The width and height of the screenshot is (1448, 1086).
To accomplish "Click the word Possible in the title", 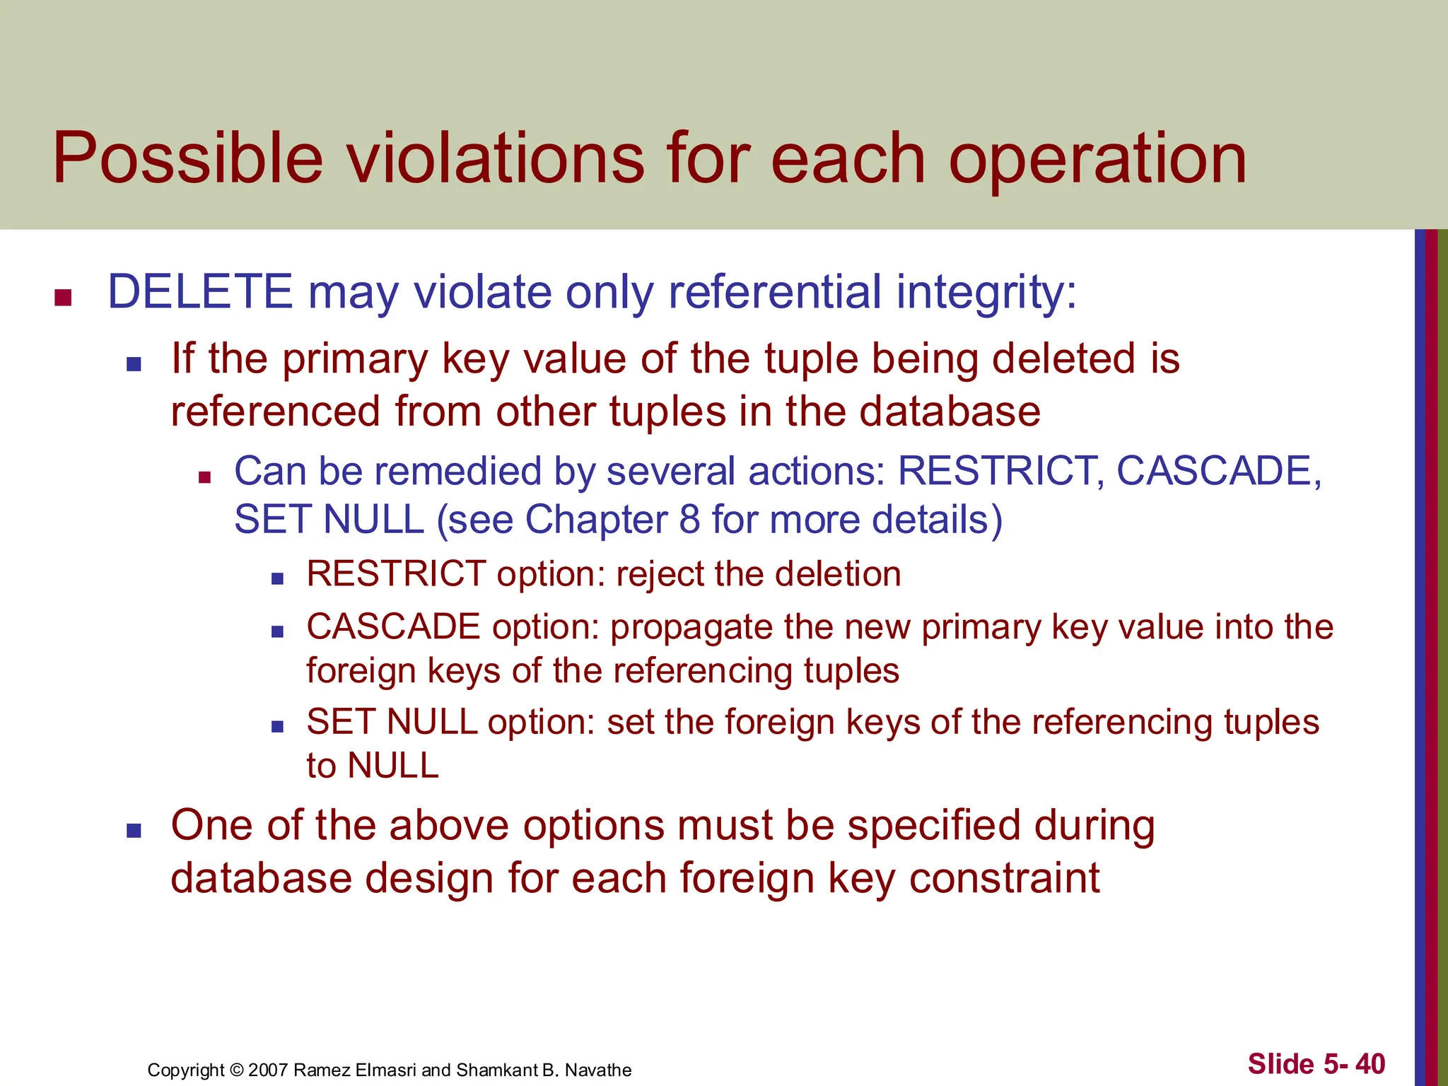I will coord(187,158).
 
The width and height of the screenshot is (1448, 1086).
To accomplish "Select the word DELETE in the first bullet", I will coord(199,291).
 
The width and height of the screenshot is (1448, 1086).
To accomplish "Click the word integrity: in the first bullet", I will coord(986,293).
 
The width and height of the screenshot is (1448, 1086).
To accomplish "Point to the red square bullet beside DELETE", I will coord(64,298).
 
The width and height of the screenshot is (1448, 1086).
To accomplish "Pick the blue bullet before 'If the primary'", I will coord(134,364).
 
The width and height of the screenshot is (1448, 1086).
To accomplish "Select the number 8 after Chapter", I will coord(689,520).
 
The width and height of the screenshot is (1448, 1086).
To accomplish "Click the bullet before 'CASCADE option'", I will coord(277,631).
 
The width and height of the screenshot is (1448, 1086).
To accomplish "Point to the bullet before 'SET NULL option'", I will coord(277,726).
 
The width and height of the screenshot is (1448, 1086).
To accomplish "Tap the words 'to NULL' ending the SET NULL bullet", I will coord(373,766).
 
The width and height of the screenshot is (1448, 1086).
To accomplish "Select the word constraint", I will coord(1004,878).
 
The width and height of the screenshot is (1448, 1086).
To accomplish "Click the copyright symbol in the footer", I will coord(236,1070).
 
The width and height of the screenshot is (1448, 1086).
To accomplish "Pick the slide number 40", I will coord(1370,1063).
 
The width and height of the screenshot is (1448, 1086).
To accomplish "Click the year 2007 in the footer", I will coord(268,1070).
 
